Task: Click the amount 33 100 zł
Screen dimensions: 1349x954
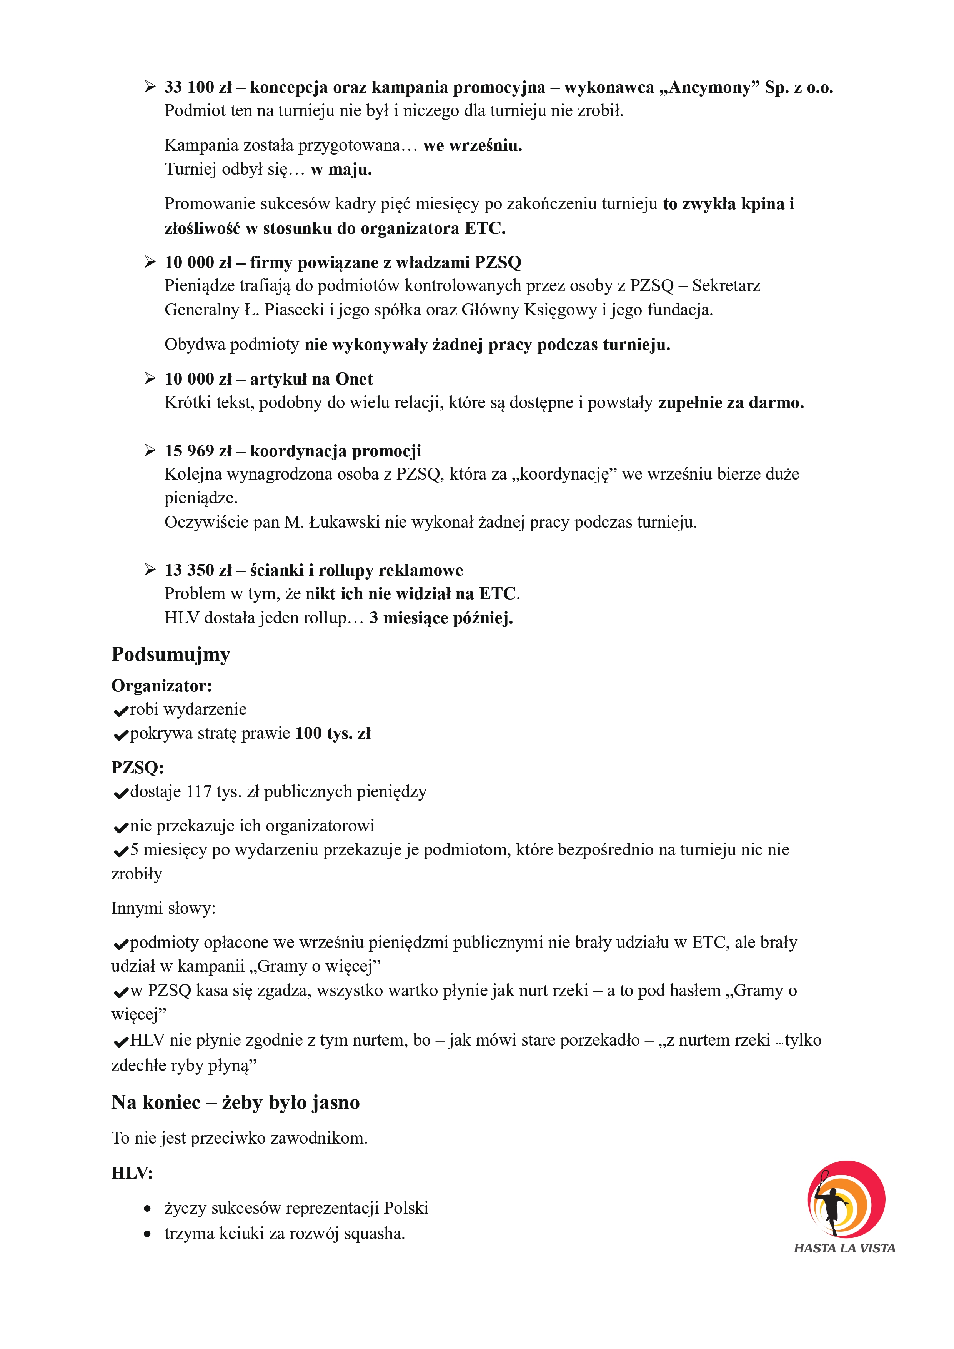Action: click(198, 88)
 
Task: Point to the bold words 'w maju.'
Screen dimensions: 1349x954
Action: click(341, 170)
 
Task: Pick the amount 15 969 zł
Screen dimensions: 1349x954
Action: click(198, 451)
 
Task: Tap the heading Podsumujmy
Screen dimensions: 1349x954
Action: click(170, 655)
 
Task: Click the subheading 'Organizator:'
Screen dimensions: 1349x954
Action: click(161, 686)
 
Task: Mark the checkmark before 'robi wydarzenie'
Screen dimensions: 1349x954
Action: click(120, 711)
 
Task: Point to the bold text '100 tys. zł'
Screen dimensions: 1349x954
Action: click(333, 734)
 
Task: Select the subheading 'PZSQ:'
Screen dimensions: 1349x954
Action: click(137, 768)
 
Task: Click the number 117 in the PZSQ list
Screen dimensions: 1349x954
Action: click(198, 792)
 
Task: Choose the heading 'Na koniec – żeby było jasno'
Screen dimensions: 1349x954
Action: click(235, 1103)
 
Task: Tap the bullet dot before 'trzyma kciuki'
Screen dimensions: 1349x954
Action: click(147, 1234)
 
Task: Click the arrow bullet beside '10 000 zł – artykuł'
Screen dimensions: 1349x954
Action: click(150, 379)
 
